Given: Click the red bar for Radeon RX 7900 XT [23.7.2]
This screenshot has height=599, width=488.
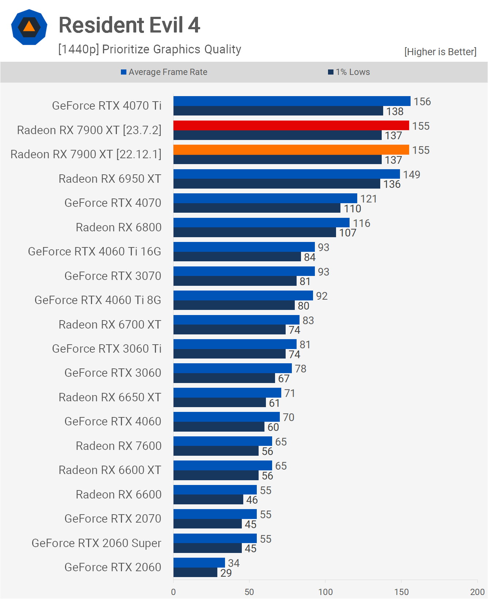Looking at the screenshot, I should click(x=291, y=125).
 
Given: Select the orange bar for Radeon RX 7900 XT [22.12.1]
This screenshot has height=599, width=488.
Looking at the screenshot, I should click(x=291, y=150).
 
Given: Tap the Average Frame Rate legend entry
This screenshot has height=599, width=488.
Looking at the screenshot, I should click(x=164, y=72).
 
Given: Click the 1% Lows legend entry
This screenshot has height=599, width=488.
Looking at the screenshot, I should click(x=349, y=72).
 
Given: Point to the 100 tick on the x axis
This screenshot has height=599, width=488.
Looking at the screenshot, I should click(x=325, y=592).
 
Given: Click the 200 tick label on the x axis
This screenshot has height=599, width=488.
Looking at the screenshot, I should click(x=477, y=592).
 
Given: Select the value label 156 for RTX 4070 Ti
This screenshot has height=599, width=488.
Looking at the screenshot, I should click(x=422, y=102).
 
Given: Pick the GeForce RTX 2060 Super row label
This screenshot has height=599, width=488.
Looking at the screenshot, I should click(x=96, y=543).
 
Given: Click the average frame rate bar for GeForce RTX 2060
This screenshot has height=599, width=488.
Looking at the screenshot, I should click(x=199, y=563).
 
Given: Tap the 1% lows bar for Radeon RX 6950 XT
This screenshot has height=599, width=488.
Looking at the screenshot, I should click(x=277, y=184).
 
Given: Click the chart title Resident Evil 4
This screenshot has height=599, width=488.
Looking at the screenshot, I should click(x=129, y=25).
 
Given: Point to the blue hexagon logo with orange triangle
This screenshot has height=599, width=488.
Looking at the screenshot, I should click(x=29, y=27).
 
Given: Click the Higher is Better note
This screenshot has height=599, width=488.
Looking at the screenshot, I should click(x=440, y=52).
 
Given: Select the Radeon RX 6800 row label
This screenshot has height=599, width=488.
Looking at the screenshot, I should click(x=118, y=227).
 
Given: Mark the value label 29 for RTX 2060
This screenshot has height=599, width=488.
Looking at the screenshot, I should click(x=226, y=573).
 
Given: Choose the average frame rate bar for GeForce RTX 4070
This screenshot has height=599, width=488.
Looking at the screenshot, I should click(x=265, y=198).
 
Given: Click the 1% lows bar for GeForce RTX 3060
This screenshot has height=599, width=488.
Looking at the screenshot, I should click(x=224, y=378).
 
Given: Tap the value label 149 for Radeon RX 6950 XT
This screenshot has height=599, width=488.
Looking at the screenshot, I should click(x=412, y=175).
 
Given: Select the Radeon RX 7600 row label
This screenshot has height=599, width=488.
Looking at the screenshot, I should click(x=118, y=446).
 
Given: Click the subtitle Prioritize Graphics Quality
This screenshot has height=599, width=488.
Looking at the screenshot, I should click(x=150, y=49).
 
